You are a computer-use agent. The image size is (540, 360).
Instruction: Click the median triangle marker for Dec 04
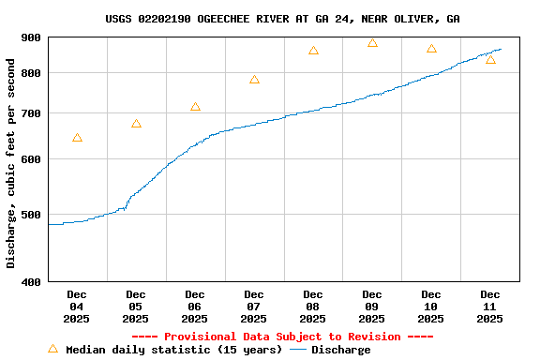77,138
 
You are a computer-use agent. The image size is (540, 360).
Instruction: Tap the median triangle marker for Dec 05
136,124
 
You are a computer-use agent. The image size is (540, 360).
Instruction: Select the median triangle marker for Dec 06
195,107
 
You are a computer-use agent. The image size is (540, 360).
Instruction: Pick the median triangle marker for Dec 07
254,80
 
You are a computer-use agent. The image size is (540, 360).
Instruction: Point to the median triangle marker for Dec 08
313,51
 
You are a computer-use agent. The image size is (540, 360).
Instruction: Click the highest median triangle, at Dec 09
372,43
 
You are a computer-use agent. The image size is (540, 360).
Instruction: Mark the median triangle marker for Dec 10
431,49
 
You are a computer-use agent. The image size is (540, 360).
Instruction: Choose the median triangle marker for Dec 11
490,60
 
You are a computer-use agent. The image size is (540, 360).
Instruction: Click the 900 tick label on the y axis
31,37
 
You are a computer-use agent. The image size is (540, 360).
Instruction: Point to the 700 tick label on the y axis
31,113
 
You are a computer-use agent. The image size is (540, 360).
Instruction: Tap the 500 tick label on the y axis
31,215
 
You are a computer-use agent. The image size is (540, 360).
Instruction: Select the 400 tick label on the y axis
31,282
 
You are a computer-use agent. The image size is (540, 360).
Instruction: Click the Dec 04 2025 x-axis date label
77,307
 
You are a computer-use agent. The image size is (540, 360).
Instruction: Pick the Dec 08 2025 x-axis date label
313,307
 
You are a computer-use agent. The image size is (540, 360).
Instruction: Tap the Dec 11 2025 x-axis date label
490,307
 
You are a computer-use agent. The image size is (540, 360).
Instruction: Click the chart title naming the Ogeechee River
282,19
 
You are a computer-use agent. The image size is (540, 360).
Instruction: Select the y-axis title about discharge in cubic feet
11,163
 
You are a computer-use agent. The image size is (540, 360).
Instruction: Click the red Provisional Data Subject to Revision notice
282,337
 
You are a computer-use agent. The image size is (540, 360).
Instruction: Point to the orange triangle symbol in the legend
52,349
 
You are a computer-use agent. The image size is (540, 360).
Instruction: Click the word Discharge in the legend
340,350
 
